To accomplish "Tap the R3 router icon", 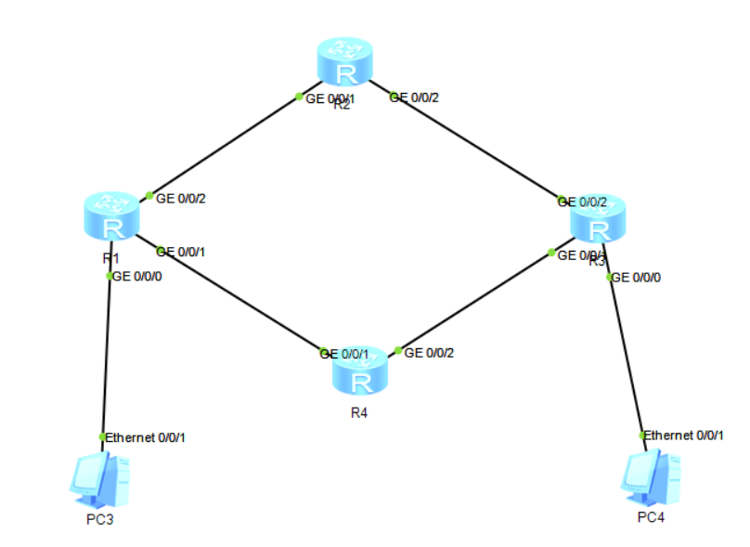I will coord(599,222).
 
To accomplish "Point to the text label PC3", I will coord(99,518).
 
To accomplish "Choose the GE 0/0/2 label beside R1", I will coord(181,197).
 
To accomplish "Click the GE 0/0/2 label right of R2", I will coord(413,97).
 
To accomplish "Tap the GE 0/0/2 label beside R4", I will coord(430,353).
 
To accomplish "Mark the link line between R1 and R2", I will coord(224,146).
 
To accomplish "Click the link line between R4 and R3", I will coord(473,302).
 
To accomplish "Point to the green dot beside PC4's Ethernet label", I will coord(641,435).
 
